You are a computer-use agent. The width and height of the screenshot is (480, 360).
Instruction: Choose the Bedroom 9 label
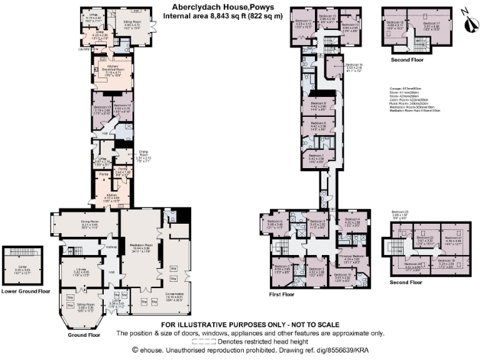coord(320,103)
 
